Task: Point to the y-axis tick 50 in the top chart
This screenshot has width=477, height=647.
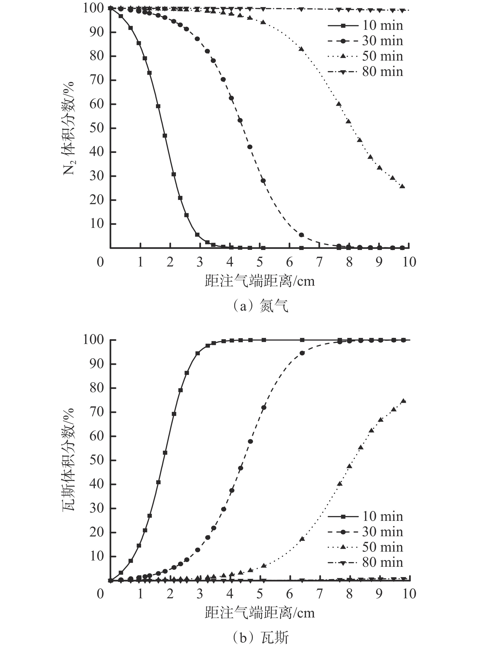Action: [x=96, y=128]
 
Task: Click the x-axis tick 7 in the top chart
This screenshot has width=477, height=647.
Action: [x=319, y=262]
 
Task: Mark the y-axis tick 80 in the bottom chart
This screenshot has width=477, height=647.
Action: [x=96, y=388]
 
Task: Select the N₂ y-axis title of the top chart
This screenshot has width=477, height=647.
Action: [x=68, y=128]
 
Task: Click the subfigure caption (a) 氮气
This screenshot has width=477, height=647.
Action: [x=260, y=306]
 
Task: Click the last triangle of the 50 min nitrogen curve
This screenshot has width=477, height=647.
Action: [x=402, y=186]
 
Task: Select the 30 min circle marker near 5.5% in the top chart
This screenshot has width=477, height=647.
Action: [x=301, y=235]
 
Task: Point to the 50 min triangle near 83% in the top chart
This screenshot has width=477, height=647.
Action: [x=301, y=49]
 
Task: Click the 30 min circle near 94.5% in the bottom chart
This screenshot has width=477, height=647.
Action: [x=302, y=353]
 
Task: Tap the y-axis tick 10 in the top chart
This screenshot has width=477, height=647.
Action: [x=96, y=224]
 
